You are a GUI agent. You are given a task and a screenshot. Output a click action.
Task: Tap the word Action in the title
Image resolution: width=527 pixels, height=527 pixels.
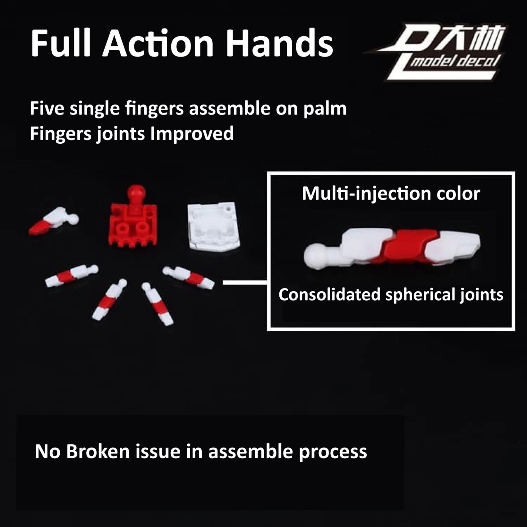pos(158,43)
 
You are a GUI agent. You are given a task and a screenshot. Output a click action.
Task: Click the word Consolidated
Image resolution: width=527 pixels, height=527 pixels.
pos(330,294)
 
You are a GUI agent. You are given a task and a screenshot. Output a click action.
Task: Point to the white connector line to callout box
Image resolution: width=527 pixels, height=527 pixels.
pos(245,282)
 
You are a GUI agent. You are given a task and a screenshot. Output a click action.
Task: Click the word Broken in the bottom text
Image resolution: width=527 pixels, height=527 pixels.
pos(98,451)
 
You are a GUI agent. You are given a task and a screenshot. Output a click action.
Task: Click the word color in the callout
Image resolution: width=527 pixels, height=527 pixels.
pos(455,194)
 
